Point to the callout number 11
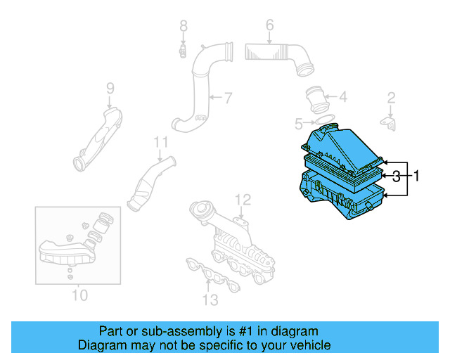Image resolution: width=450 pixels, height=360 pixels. click(x=162, y=142)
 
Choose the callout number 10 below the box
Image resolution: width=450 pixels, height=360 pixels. click(x=79, y=295)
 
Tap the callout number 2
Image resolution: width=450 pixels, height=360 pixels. click(x=392, y=98)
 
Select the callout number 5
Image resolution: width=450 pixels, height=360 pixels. click(x=299, y=124)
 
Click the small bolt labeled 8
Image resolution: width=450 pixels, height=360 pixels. click(x=182, y=51)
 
